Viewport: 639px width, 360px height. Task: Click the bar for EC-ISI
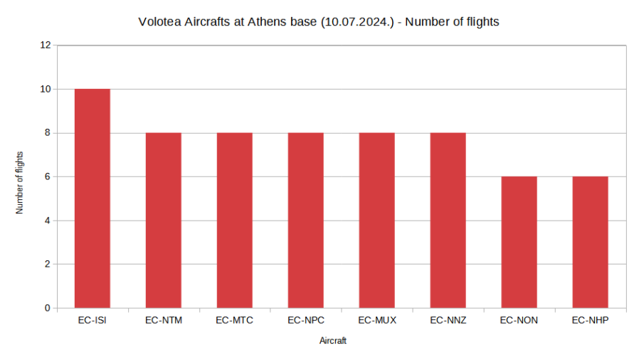point(92,198)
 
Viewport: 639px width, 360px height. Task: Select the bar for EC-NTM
point(163,221)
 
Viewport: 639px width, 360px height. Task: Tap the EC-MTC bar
point(234,221)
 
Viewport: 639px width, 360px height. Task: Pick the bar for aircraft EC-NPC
point(305,221)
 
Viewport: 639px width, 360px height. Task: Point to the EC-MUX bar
point(376,221)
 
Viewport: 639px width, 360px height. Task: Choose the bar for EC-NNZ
point(448,221)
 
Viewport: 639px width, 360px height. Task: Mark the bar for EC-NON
point(519,243)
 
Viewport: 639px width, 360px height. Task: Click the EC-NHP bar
point(590,243)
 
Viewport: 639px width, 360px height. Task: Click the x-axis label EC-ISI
point(92,320)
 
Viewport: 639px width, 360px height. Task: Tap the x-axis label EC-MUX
point(377,320)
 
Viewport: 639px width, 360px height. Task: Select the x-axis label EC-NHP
point(591,320)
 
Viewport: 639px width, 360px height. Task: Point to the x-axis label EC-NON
point(519,320)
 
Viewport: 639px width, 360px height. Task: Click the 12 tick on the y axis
point(46,45)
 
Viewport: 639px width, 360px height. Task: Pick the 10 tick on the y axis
point(46,89)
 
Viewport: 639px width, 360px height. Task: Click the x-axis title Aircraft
point(333,342)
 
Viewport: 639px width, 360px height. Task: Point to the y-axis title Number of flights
point(20,183)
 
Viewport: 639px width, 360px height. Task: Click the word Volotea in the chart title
point(159,22)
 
